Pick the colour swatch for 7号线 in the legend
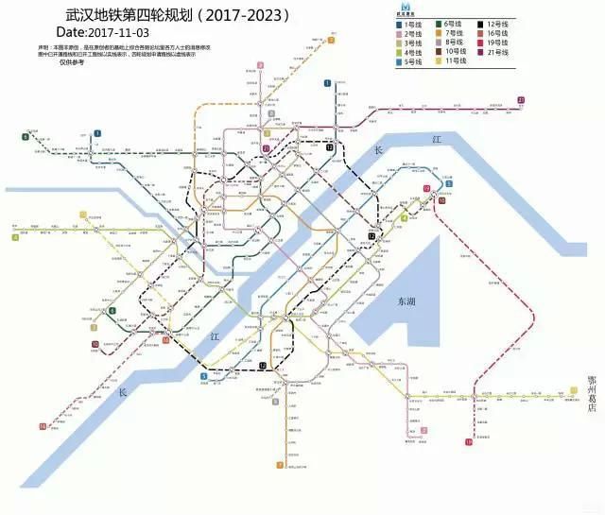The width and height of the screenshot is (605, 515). (x=437, y=33)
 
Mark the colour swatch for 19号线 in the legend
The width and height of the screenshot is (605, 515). (x=481, y=42)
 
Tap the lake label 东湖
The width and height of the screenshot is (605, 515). (x=406, y=300)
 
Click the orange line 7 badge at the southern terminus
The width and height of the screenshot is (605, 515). (x=280, y=465)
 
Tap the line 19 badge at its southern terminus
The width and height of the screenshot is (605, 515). (x=469, y=441)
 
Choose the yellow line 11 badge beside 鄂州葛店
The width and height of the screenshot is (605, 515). (x=575, y=389)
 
